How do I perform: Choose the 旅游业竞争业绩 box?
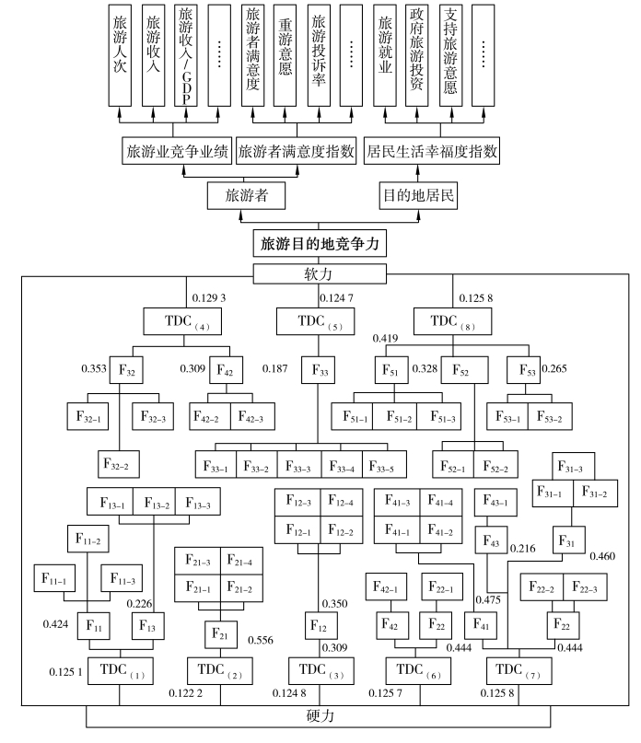177,151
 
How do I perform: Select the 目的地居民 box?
419,195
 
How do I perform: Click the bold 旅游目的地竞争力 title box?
320,244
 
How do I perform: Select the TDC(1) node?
120,668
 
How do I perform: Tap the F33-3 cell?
299,463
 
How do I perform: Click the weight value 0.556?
261,640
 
